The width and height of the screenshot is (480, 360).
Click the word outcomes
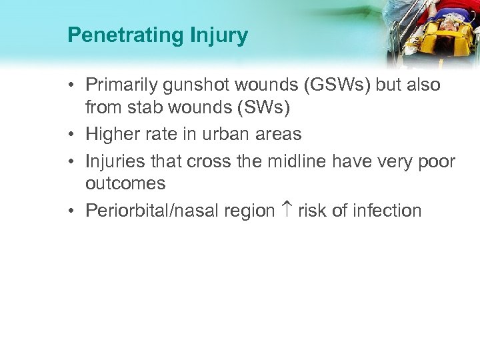pos(125,183)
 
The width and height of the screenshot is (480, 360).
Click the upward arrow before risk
pos(288,211)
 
